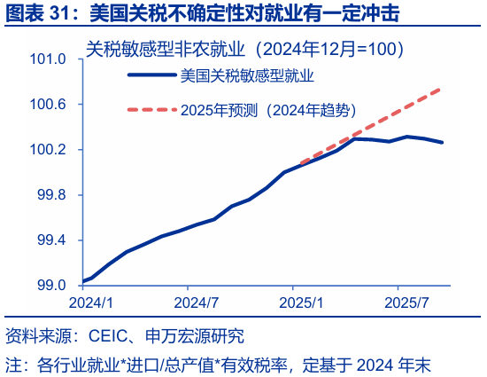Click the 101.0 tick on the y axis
pyautogui.click(x=49, y=59)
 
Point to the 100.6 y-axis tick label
pyautogui.click(x=49, y=105)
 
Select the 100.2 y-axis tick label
pyautogui.click(x=49, y=150)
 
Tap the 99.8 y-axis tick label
pyautogui.click(x=51, y=195)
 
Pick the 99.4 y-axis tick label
pyautogui.click(x=51, y=240)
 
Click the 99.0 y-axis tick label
pyautogui.click(x=51, y=286)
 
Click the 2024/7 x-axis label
pyautogui.click(x=189, y=302)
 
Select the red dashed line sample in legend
pyautogui.click(x=151, y=111)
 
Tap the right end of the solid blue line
pyautogui.click(x=443, y=142)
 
